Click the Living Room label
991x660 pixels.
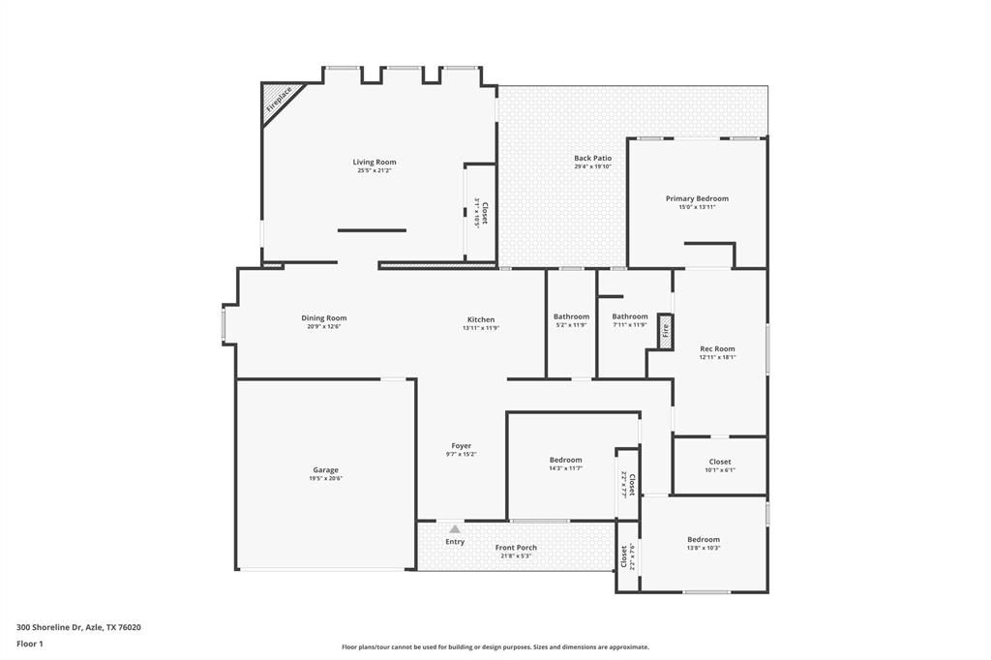[x=374, y=163]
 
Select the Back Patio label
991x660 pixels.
[x=592, y=158]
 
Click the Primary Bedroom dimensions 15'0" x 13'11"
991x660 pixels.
[x=696, y=207]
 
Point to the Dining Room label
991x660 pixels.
[x=323, y=318]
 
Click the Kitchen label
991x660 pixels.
[x=480, y=319]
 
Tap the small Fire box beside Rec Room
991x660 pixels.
[x=665, y=330]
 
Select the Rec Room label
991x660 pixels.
[x=717, y=348]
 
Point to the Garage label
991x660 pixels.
[x=325, y=470]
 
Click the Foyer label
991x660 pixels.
[x=461, y=446]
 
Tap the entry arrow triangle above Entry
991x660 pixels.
[x=455, y=529]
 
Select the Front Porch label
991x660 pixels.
[x=516, y=548]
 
